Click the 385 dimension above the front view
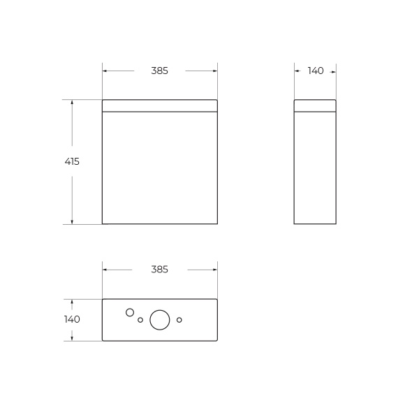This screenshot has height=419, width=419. click(x=159, y=71)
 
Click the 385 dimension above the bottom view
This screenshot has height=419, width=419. click(x=159, y=270)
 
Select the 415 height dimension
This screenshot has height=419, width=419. click(x=72, y=161)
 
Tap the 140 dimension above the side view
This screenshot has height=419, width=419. click(x=315, y=71)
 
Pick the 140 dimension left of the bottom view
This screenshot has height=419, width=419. click(x=72, y=319)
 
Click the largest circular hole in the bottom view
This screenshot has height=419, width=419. click(x=160, y=320)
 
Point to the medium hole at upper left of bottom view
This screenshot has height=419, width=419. click(x=130, y=312)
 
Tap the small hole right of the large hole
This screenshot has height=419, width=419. click(x=179, y=320)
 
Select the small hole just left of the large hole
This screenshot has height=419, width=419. click(x=140, y=320)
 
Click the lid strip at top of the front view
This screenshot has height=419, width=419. click(x=159, y=105)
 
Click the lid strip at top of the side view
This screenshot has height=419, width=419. click(x=315, y=105)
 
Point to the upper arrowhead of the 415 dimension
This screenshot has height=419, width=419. click(x=72, y=102)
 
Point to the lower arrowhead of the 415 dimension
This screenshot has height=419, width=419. click(x=72, y=221)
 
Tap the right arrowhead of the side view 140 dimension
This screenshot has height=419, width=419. click(x=333, y=71)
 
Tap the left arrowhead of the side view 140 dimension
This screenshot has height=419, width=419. click(x=297, y=71)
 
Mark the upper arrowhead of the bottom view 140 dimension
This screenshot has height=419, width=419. click(x=72, y=302)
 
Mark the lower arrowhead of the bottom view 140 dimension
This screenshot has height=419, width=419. click(x=72, y=338)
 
